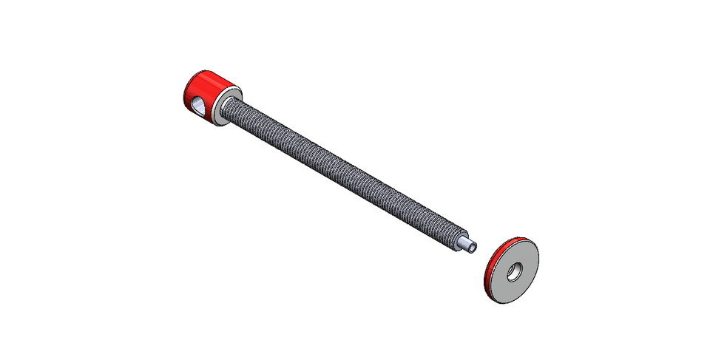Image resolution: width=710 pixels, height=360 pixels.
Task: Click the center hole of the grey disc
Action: pos(513,271)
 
